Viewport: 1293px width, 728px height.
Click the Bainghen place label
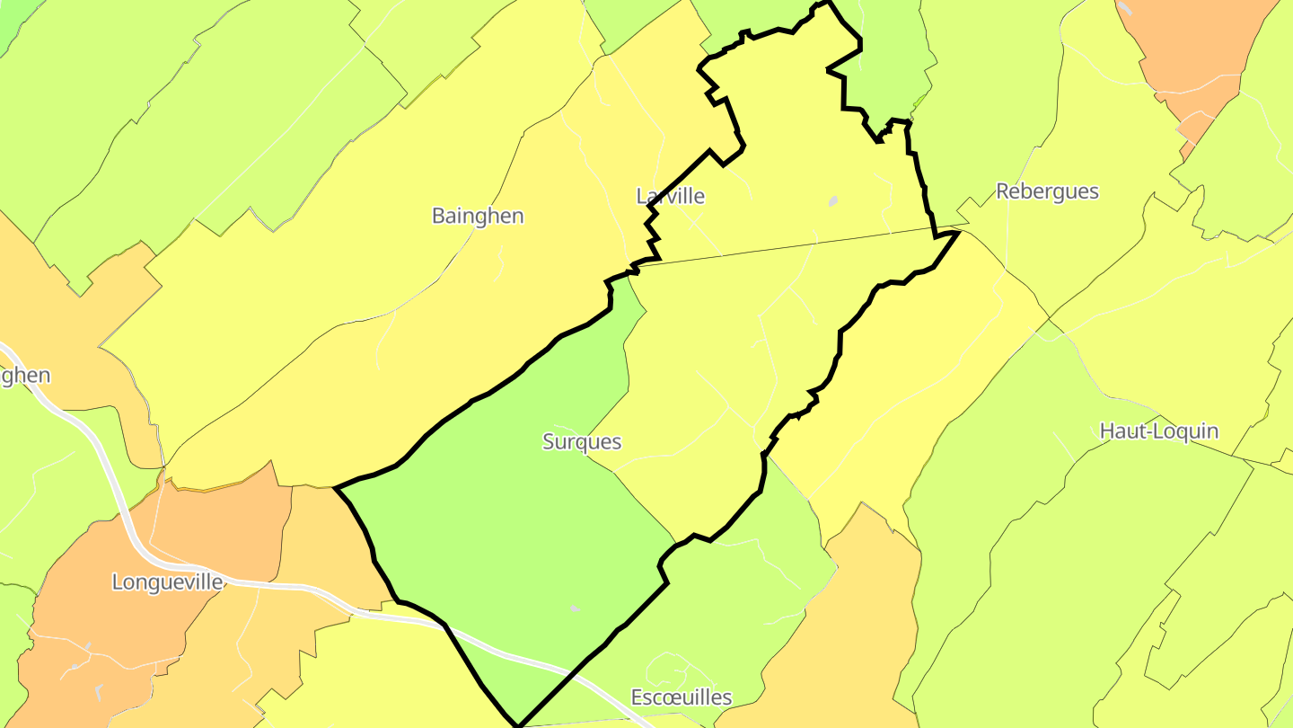click(x=478, y=217)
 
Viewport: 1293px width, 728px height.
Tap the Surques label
click(x=582, y=442)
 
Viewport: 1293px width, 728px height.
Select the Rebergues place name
click(x=1047, y=191)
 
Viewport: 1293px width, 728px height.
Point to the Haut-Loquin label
click(x=1159, y=431)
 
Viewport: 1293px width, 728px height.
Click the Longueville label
click(x=168, y=582)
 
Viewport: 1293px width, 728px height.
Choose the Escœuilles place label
click(x=682, y=697)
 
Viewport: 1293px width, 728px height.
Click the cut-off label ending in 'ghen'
click(x=25, y=376)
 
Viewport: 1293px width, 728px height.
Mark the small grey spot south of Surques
click(x=575, y=609)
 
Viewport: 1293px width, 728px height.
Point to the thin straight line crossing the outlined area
click(x=790, y=245)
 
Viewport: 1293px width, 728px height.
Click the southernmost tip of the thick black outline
click(x=519, y=724)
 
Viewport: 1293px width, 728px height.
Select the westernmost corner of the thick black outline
click(x=336, y=488)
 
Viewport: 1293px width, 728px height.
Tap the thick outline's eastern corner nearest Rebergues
click(x=959, y=232)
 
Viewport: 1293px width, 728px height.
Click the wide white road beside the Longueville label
click(x=269, y=585)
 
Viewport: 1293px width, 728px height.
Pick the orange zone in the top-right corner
click(x=1194, y=54)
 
